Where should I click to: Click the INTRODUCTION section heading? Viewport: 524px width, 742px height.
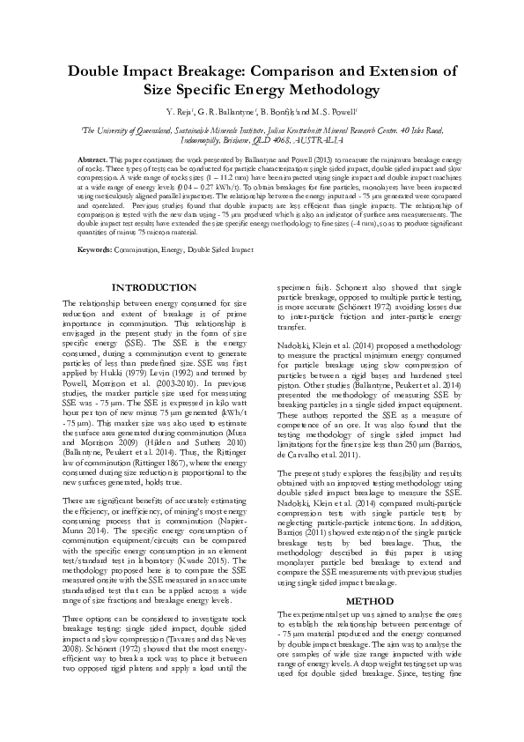[x=156, y=288]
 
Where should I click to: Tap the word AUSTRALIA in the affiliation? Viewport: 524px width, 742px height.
[x=321, y=138]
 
